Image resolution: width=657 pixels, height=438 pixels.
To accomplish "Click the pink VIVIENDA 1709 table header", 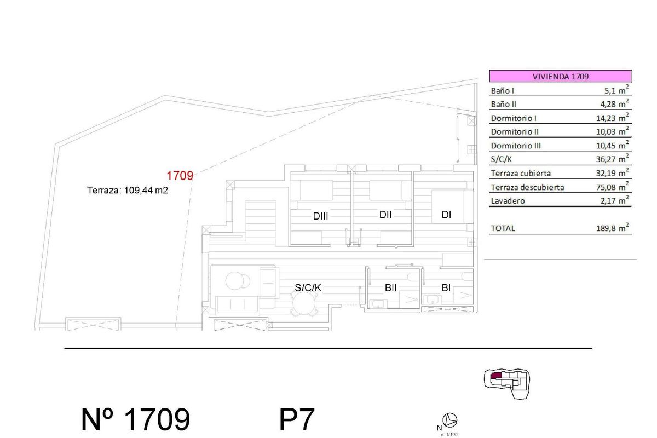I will (560, 77).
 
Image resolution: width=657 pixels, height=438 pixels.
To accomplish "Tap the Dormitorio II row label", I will (515, 132).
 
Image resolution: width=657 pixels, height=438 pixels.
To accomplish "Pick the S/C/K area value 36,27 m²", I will (612, 160).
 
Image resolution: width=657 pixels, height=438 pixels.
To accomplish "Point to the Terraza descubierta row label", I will (528, 187).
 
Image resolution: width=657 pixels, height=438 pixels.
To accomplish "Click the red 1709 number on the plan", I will (180, 176).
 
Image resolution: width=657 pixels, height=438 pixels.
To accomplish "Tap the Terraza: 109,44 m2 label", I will (127, 191).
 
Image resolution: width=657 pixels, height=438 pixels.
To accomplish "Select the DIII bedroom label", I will (320, 216).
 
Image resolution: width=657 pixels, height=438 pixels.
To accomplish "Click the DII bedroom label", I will (385, 215).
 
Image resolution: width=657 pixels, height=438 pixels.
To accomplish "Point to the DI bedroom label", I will (446, 215).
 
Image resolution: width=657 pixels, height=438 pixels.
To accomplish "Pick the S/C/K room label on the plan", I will (308, 287).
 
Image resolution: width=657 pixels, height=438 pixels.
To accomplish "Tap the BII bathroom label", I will (390, 287).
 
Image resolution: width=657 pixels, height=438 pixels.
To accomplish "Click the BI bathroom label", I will (446, 287).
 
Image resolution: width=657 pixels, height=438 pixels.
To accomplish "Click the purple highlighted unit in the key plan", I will (497, 376).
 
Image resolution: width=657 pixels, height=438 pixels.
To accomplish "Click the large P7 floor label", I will (297, 420).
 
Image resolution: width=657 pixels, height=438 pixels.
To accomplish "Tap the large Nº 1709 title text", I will (135, 420).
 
